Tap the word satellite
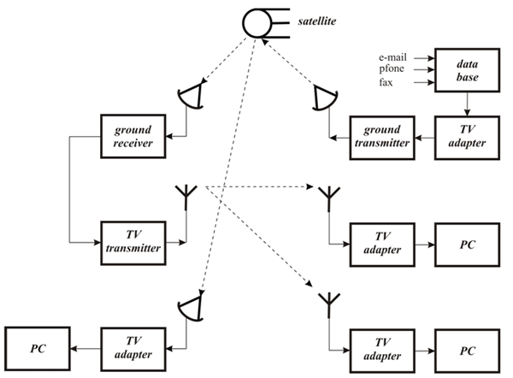(x=316, y=21)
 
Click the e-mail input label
(x=392, y=57)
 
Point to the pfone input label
(x=392, y=68)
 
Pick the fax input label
(x=386, y=82)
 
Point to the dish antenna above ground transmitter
(x=325, y=97)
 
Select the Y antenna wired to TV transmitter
(x=186, y=198)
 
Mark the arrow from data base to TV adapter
(x=467, y=104)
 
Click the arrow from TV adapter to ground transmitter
(x=425, y=138)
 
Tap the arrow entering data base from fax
(x=424, y=82)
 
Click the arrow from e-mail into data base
(x=424, y=58)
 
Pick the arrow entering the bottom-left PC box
(x=85, y=349)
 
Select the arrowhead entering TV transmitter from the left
(x=97, y=243)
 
